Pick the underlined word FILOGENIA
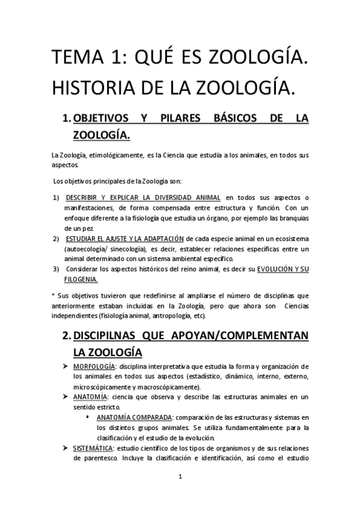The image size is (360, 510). (82, 280)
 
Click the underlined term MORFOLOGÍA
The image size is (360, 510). (94, 367)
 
